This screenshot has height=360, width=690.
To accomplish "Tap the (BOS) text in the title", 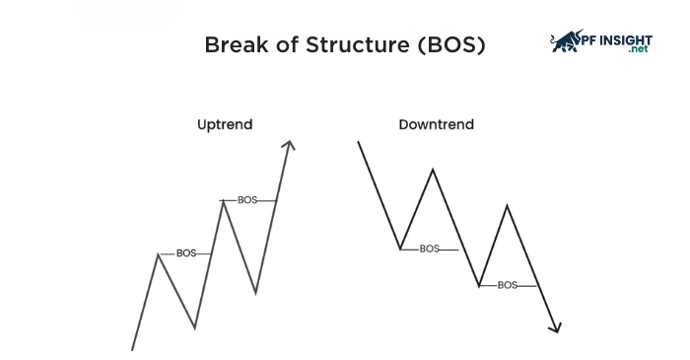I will (449, 45).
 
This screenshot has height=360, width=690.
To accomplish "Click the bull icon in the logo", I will (568, 40).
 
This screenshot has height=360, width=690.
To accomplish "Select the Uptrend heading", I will (225, 125).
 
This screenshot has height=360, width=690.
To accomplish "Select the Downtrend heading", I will (436, 125).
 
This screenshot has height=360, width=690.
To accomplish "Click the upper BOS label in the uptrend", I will (247, 200).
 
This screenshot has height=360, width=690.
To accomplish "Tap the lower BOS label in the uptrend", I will (186, 253).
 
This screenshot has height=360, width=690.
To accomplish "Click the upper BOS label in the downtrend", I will (429, 249).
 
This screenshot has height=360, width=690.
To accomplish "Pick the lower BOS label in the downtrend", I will (507, 285).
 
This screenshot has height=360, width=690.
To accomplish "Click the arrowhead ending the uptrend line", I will (288, 145).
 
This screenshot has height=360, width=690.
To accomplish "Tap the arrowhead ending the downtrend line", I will (556, 327).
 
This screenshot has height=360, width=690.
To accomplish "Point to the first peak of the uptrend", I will (158, 254).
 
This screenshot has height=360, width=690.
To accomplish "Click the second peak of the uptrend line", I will (223, 201).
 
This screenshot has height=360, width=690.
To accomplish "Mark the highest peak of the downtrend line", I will (432, 170).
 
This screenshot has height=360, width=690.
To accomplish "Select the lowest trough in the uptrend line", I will (195, 326).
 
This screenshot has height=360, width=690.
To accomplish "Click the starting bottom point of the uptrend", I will (132, 348).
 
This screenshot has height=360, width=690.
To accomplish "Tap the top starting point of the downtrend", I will (359, 142).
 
